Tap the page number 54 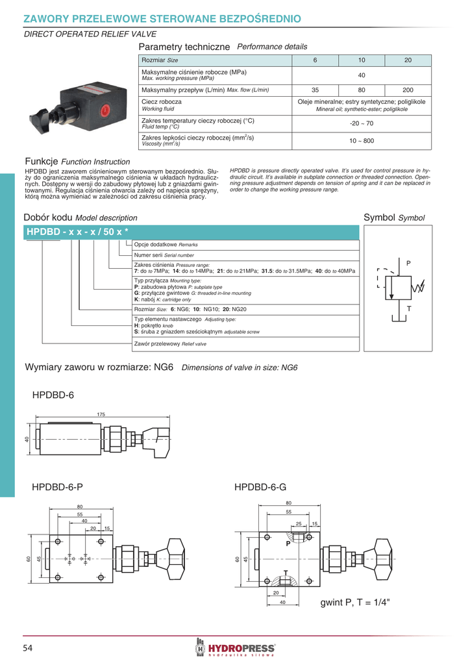(29, 647)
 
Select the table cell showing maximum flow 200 (408, 90)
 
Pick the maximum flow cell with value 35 (315, 90)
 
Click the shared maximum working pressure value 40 (362, 75)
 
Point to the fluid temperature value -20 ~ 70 (362, 123)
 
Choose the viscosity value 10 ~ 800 (362, 140)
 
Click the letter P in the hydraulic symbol (409, 263)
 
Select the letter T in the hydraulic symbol (409, 308)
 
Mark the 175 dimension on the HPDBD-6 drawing (101, 414)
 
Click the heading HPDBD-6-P (57, 487)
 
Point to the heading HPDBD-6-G (260, 487)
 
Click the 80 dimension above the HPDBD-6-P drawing (80, 507)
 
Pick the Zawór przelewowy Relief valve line (170, 344)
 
